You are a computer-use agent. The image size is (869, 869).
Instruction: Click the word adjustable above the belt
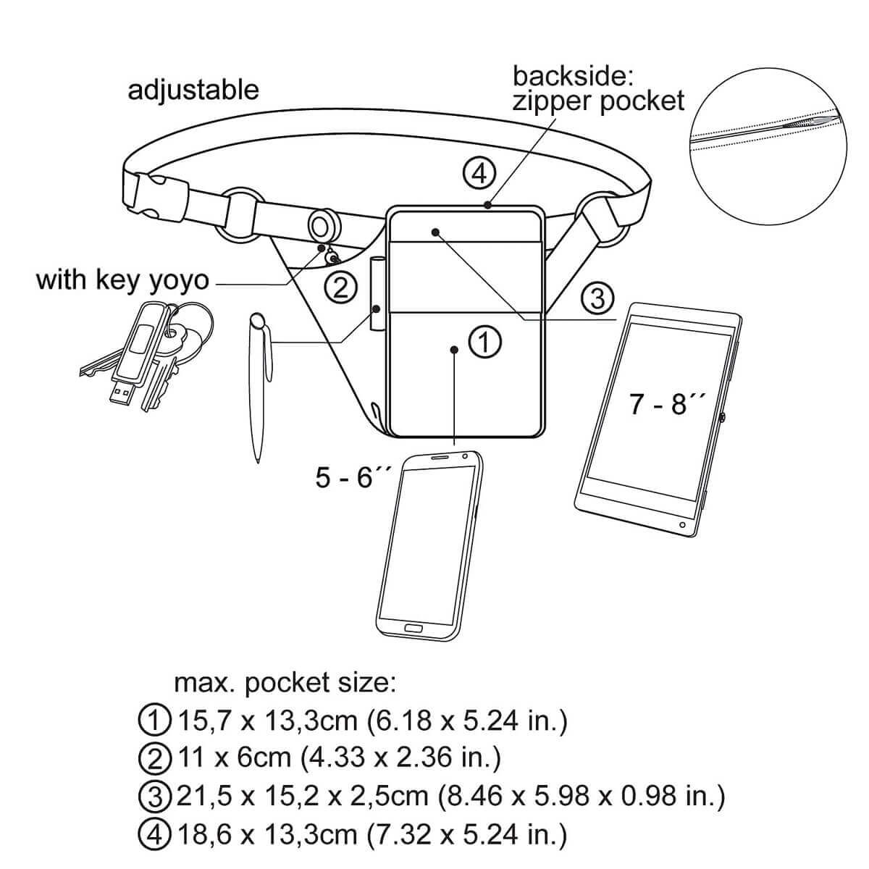(193, 90)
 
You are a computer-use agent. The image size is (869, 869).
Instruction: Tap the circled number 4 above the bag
(479, 174)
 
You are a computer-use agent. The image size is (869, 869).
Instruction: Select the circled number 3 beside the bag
(597, 297)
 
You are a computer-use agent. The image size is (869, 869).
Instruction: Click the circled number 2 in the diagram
(341, 288)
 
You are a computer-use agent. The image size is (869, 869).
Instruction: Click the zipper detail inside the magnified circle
(811, 125)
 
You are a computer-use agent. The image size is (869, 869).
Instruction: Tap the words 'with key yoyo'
(122, 280)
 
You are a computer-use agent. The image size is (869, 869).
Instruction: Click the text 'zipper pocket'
(598, 101)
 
